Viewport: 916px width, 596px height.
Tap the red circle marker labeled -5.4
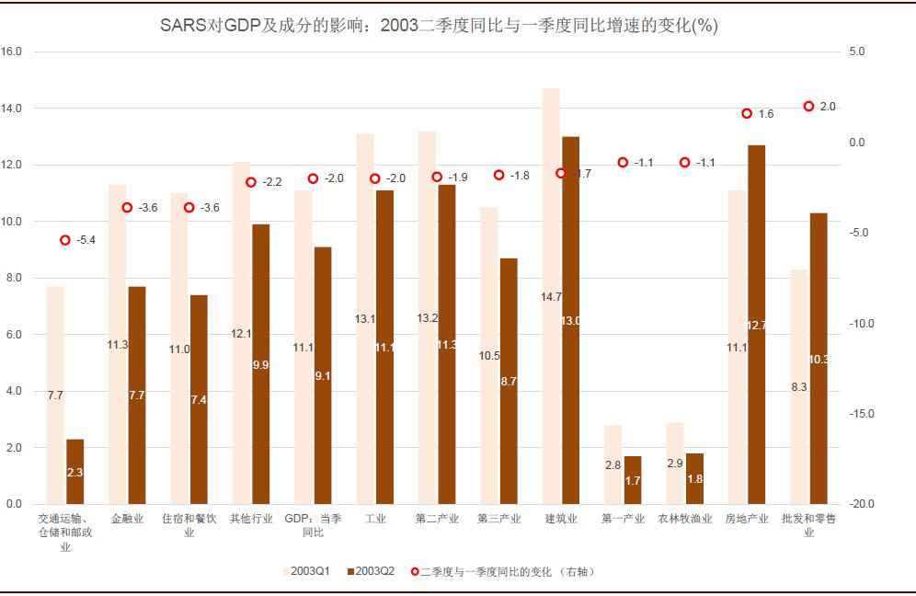65,240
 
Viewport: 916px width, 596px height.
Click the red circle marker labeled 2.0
809,107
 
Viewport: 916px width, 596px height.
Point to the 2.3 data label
75,472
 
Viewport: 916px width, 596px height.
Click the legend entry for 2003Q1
308,571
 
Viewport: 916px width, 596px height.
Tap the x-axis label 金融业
127,519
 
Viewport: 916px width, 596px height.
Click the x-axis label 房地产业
747,519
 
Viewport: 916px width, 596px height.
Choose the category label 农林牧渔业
685,519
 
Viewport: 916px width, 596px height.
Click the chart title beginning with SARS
438,26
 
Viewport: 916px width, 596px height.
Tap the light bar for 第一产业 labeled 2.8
613,465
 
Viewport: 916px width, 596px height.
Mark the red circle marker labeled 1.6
747,114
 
